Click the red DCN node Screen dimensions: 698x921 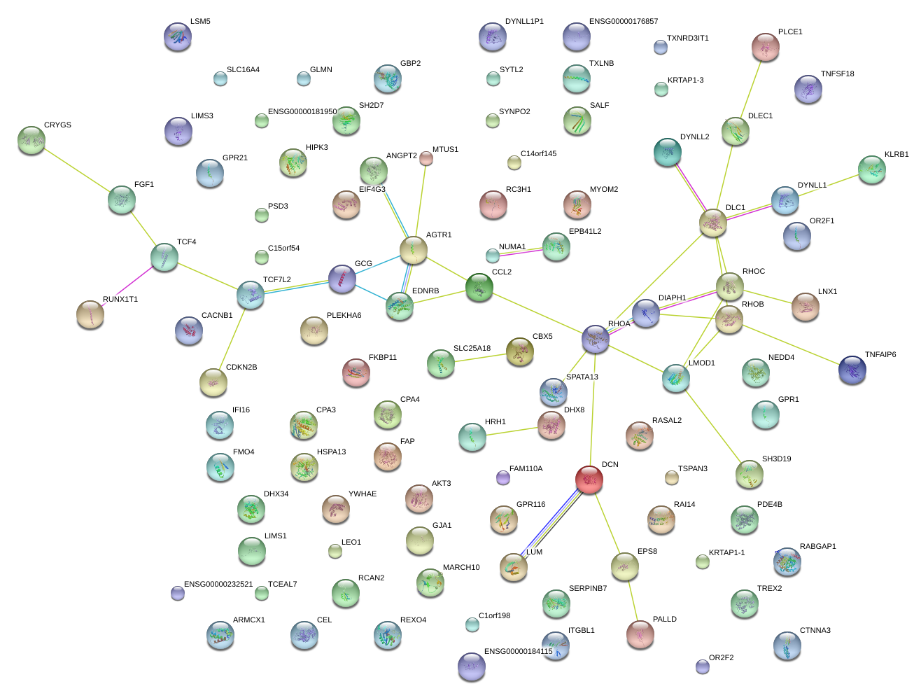coord(589,480)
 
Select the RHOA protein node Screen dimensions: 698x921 coord(596,340)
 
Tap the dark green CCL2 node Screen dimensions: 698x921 coord(479,287)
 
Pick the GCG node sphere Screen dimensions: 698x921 coord(342,279)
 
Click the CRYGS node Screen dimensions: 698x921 coord(31,140)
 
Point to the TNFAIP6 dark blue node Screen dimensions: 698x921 coord(852,369)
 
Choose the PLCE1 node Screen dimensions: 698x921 coord(766,47)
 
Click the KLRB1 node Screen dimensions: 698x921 coord(871,169)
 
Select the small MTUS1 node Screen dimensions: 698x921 coord(426,159)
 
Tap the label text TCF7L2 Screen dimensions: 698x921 coord(277,280)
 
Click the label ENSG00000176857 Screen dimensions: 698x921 coord(623,22)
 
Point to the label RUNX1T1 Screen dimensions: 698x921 coord(120,300)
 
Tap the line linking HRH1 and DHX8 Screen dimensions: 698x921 coord(512,431)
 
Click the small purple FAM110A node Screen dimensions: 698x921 coord(502,478)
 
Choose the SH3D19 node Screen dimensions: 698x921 coord(749,475)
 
